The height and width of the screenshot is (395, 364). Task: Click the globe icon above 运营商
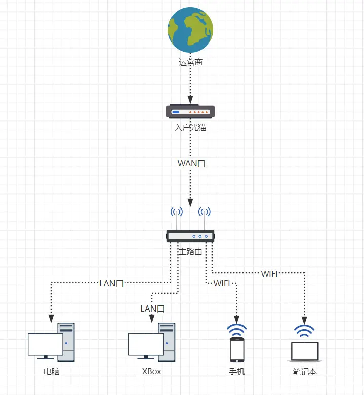click(x=190, y=30)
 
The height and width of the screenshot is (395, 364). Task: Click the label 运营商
click(x=190, y=63)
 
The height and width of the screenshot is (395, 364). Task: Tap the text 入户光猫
click(x=190, y=128)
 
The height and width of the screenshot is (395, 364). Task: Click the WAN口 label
click(x=191, y=163)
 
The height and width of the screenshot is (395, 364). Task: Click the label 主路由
click(x=190, y=251)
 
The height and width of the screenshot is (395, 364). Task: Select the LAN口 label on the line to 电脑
click(x=111, y=283)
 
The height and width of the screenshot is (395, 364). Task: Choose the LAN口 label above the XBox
click(x=152, y=309)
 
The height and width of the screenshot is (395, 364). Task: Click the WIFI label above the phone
click(x=222, y=283)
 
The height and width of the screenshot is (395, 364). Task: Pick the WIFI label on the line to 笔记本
click(x=269, y=274)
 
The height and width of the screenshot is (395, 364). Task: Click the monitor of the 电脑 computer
click(x=45, y=344)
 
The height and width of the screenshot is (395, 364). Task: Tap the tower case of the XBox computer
click(x=167, y=342)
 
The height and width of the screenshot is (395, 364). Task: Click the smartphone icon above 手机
click(x=237, y=348)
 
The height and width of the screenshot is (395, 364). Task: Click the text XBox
click(x=152, y=372)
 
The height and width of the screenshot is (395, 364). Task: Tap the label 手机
click(x=237, y=372)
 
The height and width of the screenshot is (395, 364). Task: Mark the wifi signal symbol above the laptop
click(x=304, y=331)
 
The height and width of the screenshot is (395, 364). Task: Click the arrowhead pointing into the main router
click(x=190, y=202)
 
